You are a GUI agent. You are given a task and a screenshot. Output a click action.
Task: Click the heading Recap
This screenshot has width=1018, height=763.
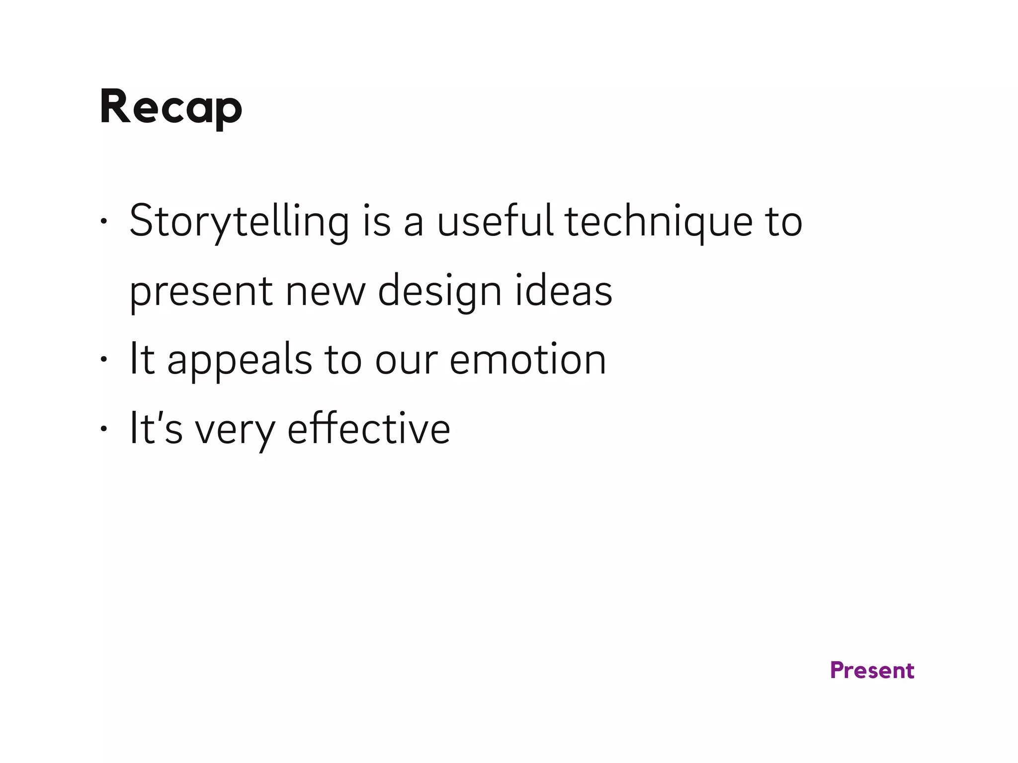[170, 107]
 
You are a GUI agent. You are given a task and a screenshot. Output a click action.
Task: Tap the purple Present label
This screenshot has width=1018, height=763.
[872, 671]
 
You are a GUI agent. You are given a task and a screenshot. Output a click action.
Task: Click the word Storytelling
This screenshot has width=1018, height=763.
[239, 222]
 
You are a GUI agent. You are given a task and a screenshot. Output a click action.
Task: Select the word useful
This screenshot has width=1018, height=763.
[495, 221]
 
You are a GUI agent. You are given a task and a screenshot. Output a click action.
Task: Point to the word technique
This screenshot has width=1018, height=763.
[659, 222]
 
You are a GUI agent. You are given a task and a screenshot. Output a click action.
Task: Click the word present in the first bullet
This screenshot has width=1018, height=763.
[201, 292]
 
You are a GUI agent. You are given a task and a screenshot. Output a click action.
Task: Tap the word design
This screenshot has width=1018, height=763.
[439, 292]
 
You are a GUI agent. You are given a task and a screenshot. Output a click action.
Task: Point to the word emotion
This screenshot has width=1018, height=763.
[527, 360]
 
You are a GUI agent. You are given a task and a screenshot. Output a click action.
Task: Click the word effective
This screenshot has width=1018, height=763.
[369, 429]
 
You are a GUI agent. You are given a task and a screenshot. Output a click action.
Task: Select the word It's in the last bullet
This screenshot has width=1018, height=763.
[156, 429]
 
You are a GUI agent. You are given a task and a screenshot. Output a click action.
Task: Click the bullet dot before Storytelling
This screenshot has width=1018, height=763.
[103, 221]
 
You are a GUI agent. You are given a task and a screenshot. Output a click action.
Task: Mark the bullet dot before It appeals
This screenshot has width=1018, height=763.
[103, 360]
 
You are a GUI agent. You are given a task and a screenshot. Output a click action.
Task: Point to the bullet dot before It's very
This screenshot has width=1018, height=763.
[103, 429]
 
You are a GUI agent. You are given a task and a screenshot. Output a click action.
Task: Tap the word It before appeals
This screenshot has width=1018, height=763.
[142, 360]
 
